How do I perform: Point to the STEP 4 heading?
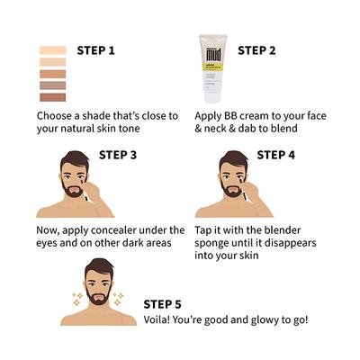(x=275, y=155)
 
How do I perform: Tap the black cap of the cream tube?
(x=212, y=96)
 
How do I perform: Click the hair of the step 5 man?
(x=100, y=268)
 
